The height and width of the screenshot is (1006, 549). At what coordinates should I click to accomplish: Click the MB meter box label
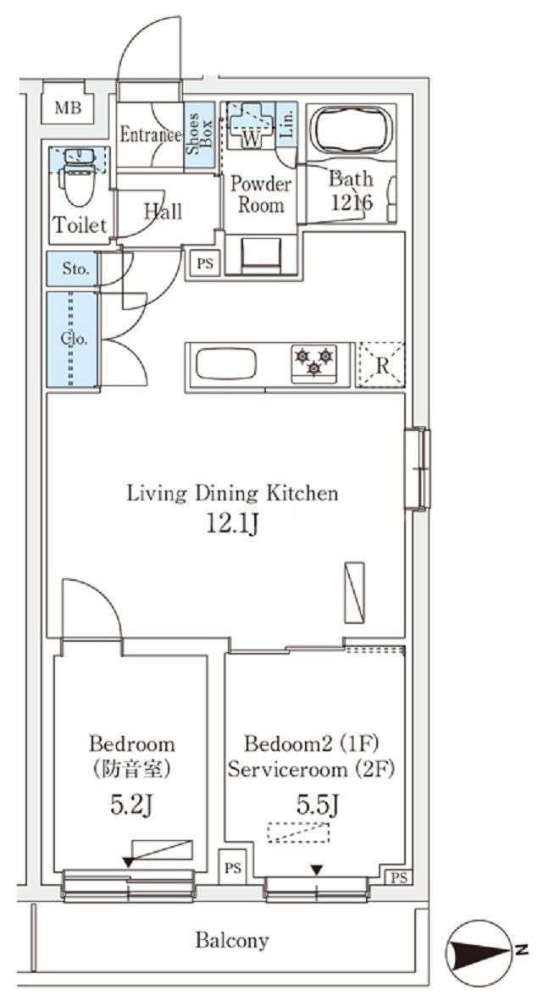(x=68, y=108)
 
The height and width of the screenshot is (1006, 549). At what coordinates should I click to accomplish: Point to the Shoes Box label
(x=199, y=135)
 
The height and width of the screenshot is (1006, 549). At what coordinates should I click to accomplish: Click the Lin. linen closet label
(x=287, y=123)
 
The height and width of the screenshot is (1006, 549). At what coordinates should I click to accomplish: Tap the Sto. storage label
(x=75, y=269)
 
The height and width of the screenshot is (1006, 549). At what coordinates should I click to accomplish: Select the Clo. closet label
(x=75, y=340)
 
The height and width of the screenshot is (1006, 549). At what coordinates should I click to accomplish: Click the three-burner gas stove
(x=313, y=364)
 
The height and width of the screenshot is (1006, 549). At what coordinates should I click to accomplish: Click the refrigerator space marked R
(x=381, y=365)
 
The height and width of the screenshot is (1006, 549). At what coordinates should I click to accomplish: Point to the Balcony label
(x=232, y=941)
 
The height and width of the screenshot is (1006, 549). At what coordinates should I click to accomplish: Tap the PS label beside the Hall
(x=205, y=263)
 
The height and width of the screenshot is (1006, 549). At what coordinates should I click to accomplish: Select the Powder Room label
(x=261, y=195)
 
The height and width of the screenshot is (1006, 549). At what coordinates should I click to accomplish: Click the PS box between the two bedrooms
(x=232, y=868)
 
